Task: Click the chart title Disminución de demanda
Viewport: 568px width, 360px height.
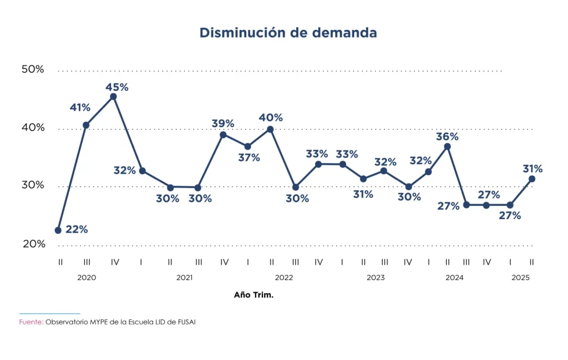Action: [288, 33]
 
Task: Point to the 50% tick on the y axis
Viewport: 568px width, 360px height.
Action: [33, 69]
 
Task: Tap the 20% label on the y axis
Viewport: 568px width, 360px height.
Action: [33, 244]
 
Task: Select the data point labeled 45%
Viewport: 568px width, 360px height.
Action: [114, 97]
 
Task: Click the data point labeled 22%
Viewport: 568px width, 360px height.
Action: [58, 230]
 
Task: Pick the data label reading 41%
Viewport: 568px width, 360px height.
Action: [80, 108]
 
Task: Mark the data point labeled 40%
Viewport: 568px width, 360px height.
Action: [270, 129]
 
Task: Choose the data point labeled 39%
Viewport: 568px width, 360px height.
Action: [223, 134]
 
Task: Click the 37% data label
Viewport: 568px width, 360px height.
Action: [249, 158]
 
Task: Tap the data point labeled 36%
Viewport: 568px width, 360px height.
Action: [448, 146]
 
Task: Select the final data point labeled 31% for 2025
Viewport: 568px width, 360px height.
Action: [532, 179]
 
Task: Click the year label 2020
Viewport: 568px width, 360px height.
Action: [87, 277]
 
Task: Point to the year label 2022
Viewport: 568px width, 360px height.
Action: [283, 277]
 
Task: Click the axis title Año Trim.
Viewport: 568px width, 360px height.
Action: [254, 295]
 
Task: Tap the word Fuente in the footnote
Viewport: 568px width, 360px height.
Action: [31, 322]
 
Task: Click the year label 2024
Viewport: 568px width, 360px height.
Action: [455, 277]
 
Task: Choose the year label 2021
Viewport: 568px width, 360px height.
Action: [184, 277]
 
